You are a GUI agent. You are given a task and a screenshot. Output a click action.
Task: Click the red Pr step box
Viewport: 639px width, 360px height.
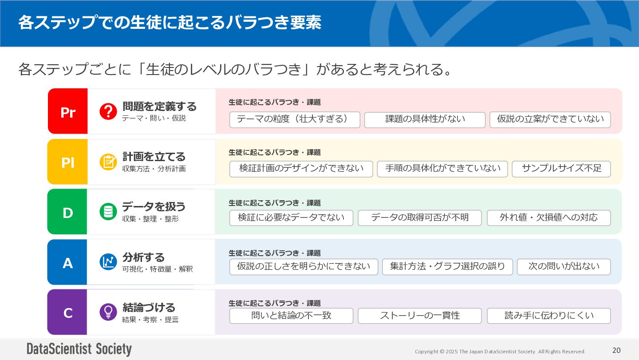pyautogui.click(x=67, y=111)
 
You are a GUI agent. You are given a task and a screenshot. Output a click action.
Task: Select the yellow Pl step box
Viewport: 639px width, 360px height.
pyautogui.click(x=67, y=162)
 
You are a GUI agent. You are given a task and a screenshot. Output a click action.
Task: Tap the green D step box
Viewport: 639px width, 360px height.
pyautogui.click(x=67, y=212)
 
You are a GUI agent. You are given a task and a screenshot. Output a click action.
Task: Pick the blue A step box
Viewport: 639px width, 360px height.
pyautogui.click(x=67, y=262)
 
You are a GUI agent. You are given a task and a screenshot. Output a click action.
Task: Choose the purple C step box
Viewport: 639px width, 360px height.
pyautogui.click(x=67, y=313)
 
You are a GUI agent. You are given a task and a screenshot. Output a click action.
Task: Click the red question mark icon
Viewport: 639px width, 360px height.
pyautogui.click(x=108, y=111)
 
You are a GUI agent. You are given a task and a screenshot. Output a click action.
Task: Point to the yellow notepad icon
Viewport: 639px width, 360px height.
pyautogui.click(x=108, y=162)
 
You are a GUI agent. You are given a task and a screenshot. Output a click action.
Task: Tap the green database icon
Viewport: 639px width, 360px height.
pyautogui.click(x=108, y=212)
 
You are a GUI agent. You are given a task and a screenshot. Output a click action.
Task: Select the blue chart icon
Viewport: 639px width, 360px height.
pyautogui.click(x=108, y=262)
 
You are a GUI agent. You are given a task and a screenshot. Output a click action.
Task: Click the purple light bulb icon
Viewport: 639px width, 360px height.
pyautogui.click(x=108, y=312)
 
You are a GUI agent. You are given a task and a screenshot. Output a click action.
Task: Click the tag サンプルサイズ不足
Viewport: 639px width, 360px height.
pyautogui.click(x=561, y=169)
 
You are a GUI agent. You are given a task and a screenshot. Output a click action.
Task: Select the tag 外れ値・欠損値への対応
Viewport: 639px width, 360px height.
pyautogui.click(x=548, y=218)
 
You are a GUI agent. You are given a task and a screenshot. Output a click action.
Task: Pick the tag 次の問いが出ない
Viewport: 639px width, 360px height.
pyautogui.click(x=564, y=266)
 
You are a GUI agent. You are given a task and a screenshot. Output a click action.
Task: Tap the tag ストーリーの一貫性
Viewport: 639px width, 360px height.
pyautogui.click(x=419, y=316)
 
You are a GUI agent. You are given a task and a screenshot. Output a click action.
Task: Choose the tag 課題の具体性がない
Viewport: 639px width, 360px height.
pyautogui.click(x=425, y=119)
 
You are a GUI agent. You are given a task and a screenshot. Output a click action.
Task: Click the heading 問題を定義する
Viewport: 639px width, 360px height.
pyautogui.click(x=159, y=107)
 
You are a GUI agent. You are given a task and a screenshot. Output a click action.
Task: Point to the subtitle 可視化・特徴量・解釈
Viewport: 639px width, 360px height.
pyautogui.click(x=158, y=269)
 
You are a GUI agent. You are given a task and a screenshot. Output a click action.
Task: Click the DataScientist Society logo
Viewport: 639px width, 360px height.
pyautogui.click(x=79, y=349)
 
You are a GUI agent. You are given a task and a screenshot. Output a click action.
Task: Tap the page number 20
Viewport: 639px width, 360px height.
pyautogui.click(x=616, y=350)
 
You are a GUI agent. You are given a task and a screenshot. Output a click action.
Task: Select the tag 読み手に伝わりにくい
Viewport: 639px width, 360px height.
pyautogui.click(x=548, y=316)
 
